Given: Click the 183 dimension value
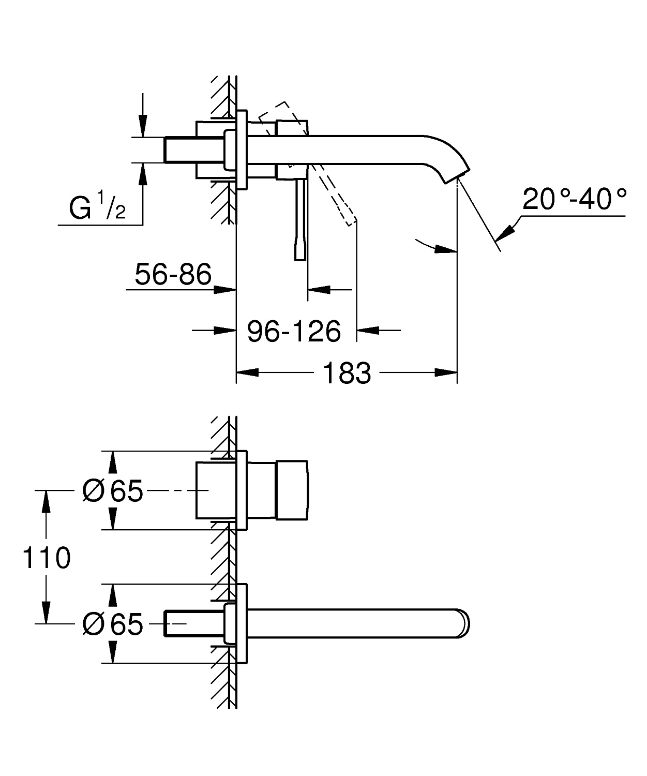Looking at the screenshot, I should (x=347, y=373).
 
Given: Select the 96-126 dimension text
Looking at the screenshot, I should (x=294, y=331).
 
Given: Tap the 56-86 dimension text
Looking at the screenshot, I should (x=173, y=274).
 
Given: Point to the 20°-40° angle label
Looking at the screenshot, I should (x=575, y=199).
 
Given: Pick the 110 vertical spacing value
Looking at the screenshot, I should (x=47, y=558).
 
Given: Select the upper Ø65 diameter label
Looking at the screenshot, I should (x=112, y=490).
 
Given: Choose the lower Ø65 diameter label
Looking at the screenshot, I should (x=112, y=624).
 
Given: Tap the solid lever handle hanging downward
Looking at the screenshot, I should (x=300, y=222).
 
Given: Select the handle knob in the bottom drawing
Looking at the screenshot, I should (x=292, y=489).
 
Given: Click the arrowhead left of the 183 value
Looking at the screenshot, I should (x=247, y=372).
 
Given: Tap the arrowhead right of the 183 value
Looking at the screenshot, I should (x=446, y=372).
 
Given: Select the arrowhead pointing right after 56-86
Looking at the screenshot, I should (x=225, y=290).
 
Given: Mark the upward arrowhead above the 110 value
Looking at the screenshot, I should (x=47, y=500).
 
